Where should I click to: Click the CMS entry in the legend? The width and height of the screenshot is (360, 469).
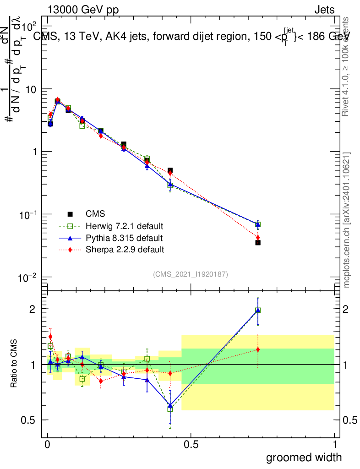(x=95, y=214)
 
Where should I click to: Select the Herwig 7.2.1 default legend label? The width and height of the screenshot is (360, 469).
(x=125, y=226)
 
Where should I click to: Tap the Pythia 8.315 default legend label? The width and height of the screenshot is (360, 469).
(x=124, y=238)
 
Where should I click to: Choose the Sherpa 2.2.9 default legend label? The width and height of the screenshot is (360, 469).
(x=125, y=250)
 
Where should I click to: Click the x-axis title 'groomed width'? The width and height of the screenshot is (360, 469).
(x=304, y=457)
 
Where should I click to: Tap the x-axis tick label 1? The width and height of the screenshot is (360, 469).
(x=335, y=444)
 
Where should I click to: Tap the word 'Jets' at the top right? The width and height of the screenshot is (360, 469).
(x=324, y=10)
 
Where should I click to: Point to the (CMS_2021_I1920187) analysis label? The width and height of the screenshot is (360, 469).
(x=191, y=274)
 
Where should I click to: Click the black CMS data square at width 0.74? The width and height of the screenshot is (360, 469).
(x=258, y=243)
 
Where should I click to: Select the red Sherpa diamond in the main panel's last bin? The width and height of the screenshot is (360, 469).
(x=258, y=237)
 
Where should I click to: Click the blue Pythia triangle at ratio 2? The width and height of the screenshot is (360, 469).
(x=258, y=310)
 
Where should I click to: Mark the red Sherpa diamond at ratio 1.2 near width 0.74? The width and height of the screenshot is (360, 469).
(x=258, y=349)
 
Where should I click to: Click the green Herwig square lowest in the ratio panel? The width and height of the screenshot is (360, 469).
(x=170, y=409)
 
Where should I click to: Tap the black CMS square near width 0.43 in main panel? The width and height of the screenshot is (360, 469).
(x=170, y=170)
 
